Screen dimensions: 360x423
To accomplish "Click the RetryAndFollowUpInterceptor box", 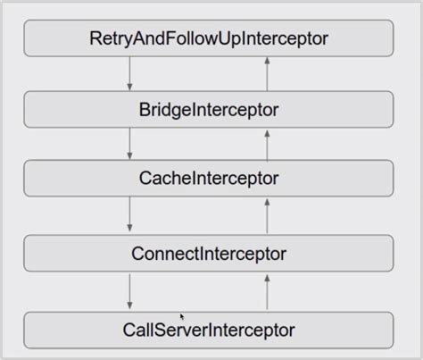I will pyautogui.click(x=209, y=38).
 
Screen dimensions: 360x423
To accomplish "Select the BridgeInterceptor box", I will pyautogui.click(x=209, y=109).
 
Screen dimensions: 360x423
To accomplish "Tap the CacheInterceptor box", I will pyautogui.click(x=209, y=178).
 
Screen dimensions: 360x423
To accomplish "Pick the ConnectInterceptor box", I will pyautogui.click(x=209, y=254).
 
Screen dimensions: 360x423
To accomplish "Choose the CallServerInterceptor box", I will pyautogui.click(x=209, y=330).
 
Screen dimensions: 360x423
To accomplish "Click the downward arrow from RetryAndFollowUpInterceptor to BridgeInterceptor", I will pyautogui.click(x=130, y=73).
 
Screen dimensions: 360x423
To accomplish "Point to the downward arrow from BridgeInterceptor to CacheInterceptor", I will pyautogui.click(x=130, y=143).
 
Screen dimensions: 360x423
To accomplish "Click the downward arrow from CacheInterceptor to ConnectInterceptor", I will pyautogui.click(x=130, y=215).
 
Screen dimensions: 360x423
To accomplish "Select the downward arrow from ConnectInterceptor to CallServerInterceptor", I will pyautogui.click(x=130, y=291).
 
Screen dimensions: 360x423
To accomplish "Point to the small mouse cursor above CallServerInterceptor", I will pyautogui.click(x=182, y=316).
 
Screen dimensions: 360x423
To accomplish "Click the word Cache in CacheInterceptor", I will pyautogui.click(x=159, y=178).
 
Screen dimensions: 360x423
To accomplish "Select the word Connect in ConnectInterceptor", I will pyautogui.click(x=162, y=254).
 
